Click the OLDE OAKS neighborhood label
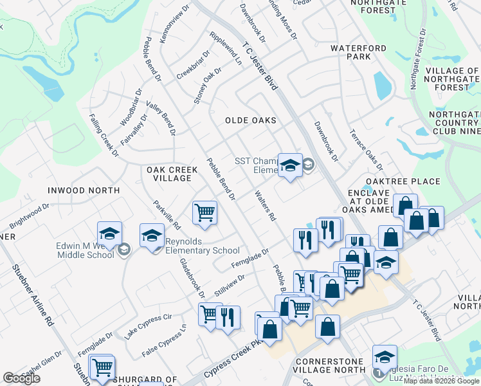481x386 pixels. pyautogui.click(x=251, y=120)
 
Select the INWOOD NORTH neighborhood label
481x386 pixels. pyautogui.click(x=84, y=190)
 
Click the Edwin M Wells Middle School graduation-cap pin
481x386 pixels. pyautogui.click(x=109, y=233)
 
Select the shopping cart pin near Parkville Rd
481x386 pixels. pyautogui.click(x=204, y=212)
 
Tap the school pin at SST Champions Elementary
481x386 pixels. pyautogui.click(x=290, y=165)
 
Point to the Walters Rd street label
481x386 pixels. pyautogui.click(x=265, y=205)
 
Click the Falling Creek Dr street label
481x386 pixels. pyautogui.click(x=104, y=135)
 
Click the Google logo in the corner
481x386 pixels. pyautogui.click(x=21, y=378)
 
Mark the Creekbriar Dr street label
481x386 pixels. pyautogui.click(x=194, y=62)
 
